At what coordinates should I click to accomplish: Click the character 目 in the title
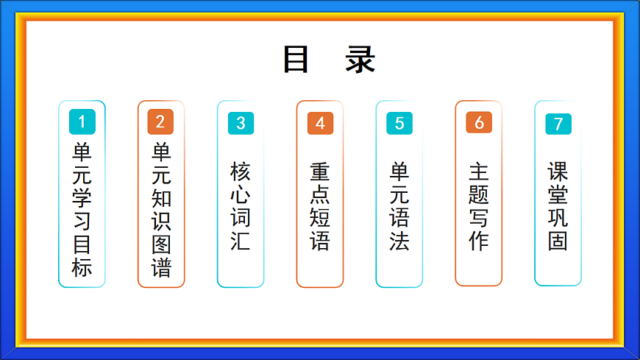tap(296, 60)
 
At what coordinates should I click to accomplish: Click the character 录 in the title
tap(360, 60)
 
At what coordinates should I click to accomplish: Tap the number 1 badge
tap(82, 121)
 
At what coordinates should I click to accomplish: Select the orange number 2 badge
tap(160, 121)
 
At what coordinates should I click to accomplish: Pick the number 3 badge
tap(241, 123)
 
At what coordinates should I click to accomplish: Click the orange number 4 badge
tap(320, 123)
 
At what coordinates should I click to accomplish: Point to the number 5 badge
tap(399, 123)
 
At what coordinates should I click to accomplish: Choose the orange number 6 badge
tap(479, 123)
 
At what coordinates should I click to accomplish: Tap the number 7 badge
tap(558, 124)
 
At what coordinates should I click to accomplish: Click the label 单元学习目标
tap(82, 209)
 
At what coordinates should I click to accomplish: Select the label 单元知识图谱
tap(161, 209)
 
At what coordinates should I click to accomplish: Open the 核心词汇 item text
tap(241, 206)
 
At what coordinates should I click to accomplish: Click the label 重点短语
tap(320, 206)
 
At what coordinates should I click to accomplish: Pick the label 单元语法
tap(399, 206)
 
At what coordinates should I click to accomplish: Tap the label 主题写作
tap(479, 206)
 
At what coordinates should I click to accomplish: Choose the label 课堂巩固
tap(558, 206)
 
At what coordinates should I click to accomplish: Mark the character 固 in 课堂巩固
tap(558, 241)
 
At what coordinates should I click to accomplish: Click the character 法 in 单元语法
tap(399, 241)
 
